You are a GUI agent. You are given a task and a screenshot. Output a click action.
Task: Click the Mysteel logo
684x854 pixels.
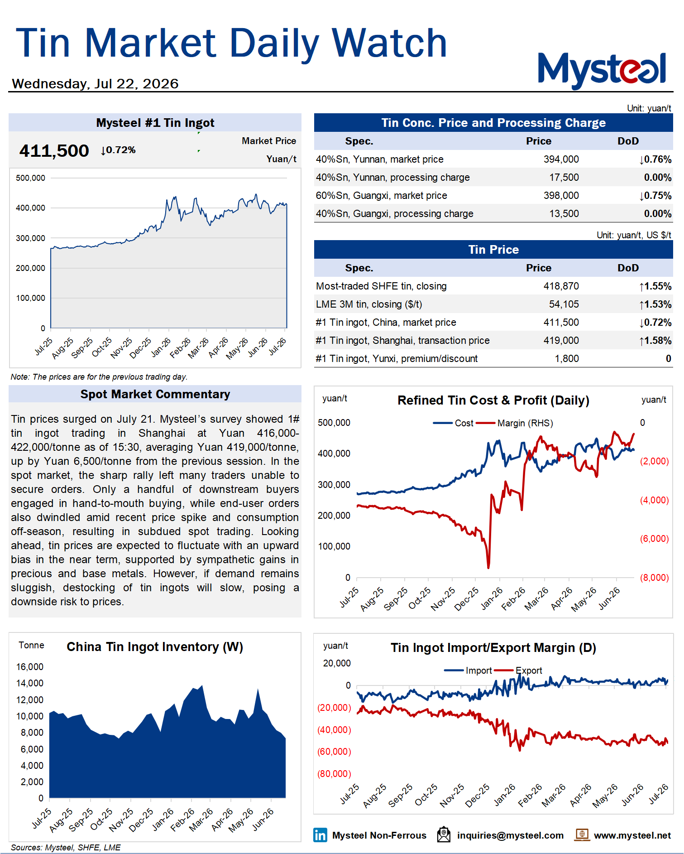point(602,70)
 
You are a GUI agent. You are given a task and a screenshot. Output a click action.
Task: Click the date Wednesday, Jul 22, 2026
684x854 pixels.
point(95,84)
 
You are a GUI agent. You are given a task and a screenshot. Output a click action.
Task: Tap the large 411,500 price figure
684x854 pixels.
point(54,151)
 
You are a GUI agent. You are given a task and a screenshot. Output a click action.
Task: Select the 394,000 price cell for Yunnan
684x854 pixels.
point(561,159)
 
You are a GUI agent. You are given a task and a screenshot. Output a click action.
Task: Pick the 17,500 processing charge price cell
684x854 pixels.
point(564,178)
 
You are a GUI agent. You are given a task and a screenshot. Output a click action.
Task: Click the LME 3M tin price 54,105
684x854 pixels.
point(564,304)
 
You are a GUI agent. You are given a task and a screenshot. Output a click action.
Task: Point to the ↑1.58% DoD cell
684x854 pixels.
point(655,341)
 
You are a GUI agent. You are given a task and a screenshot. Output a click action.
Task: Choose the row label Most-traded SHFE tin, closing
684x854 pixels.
point(381,286)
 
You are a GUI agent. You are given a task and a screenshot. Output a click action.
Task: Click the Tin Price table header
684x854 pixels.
point(493,250)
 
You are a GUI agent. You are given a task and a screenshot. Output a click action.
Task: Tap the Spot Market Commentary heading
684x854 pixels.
point(155,394)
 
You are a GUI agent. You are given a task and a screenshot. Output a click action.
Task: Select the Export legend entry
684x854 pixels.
point(518,671)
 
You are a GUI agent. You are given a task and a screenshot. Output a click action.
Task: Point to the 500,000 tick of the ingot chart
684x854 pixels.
point(30,178)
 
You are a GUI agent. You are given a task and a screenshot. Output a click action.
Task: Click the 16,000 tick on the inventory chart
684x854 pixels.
point(30,667)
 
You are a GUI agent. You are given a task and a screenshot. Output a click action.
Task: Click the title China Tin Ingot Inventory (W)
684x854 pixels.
point(155,647)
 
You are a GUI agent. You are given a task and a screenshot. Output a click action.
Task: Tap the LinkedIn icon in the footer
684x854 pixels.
point(320,835)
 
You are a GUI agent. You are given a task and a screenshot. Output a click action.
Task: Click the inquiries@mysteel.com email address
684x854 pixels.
point(510,835)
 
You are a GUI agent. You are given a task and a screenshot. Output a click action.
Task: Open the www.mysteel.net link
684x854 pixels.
point(632,835)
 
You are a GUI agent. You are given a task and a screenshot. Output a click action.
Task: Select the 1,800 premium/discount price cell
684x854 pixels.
point(567,359)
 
